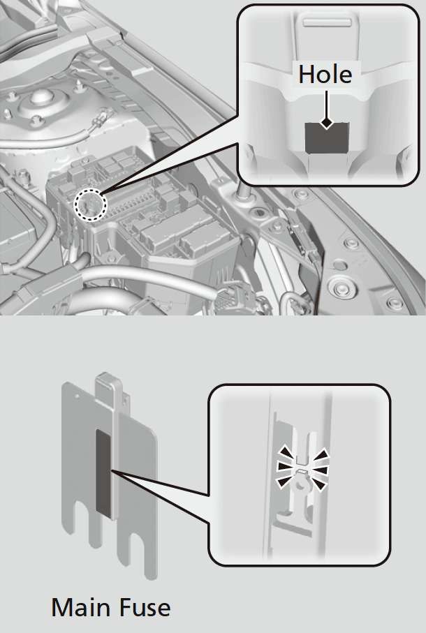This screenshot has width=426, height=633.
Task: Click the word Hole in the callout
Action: (325, 74)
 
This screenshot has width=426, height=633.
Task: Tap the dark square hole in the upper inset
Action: (327, 138)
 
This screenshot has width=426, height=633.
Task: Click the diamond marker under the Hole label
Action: (326, 122)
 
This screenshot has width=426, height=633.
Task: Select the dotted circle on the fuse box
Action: (91, 205)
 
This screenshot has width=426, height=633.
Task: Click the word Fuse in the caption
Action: (141, 608)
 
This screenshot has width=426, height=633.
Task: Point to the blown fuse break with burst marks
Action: (302, 469)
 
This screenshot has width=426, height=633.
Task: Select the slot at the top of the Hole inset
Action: (328, 22)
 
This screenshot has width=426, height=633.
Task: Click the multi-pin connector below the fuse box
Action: (227, 299)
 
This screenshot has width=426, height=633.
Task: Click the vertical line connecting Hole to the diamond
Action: (326, 104)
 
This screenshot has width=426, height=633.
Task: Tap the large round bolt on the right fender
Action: (340, 288)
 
